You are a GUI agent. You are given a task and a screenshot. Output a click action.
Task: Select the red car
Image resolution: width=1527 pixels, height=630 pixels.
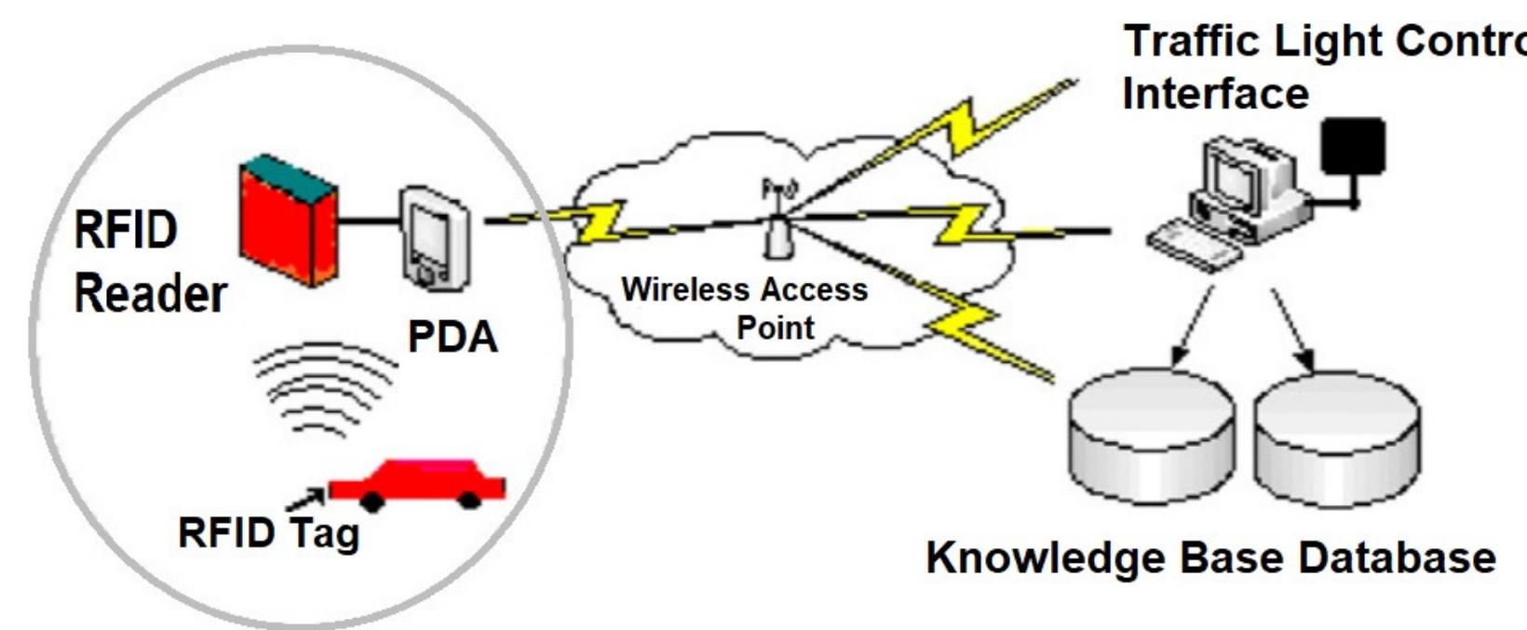click(419, 482)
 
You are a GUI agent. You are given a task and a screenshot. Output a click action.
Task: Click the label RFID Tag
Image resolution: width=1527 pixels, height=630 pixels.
click(268, 534)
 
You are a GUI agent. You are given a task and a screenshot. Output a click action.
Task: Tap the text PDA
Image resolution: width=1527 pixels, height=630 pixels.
click(453, 338)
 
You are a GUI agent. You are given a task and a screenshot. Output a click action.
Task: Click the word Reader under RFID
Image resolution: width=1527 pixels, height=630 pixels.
click(150, 295)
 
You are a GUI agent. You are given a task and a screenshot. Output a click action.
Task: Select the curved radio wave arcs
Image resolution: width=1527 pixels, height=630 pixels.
click(322, 386)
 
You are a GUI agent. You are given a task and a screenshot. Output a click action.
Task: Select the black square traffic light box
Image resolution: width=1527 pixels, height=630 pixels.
click(1353, 146)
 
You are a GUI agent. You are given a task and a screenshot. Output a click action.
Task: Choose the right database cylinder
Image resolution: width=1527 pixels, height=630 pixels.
click(1336, 437)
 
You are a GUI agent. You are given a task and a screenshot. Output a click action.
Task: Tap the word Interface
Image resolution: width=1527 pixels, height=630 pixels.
click(1215, 94)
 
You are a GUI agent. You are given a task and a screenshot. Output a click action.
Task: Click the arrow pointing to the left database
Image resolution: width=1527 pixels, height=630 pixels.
click(1193, 326)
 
